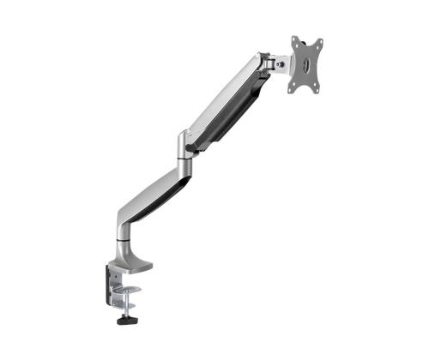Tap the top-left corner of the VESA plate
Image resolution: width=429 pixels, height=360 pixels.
294,39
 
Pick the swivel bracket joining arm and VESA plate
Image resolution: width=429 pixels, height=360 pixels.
277,63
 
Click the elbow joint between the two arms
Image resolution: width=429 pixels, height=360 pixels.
184,145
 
